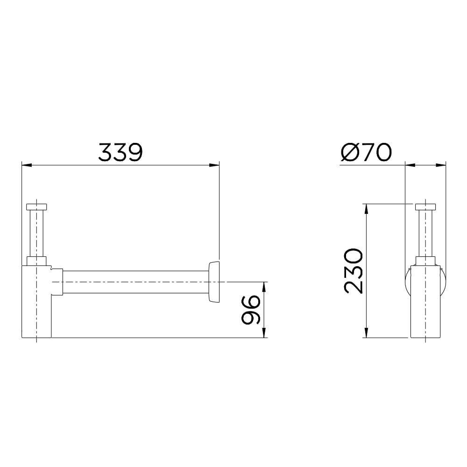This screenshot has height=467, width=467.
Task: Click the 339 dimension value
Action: click(x=120, y=152)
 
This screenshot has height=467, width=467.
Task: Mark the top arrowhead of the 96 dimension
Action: click(x=264, y=286)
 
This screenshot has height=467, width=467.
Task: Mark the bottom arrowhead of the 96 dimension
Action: click(x=264, y=333)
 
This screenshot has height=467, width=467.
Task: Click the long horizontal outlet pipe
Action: click(x=135, y=282)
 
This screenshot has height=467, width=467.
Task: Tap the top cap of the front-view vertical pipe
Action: click(x=37, y=207)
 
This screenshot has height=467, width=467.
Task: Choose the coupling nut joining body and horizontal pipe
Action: click(x=57, y=282)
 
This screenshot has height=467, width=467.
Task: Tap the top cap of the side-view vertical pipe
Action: click(x=425, y=207)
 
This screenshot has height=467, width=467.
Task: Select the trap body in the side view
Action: click(x=425, y=304)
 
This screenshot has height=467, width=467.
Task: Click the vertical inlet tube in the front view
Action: click(x=37, y=233)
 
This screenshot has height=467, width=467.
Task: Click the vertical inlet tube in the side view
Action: click(x=425, y=233)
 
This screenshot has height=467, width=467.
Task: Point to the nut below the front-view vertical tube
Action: click(x=37, y=261)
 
